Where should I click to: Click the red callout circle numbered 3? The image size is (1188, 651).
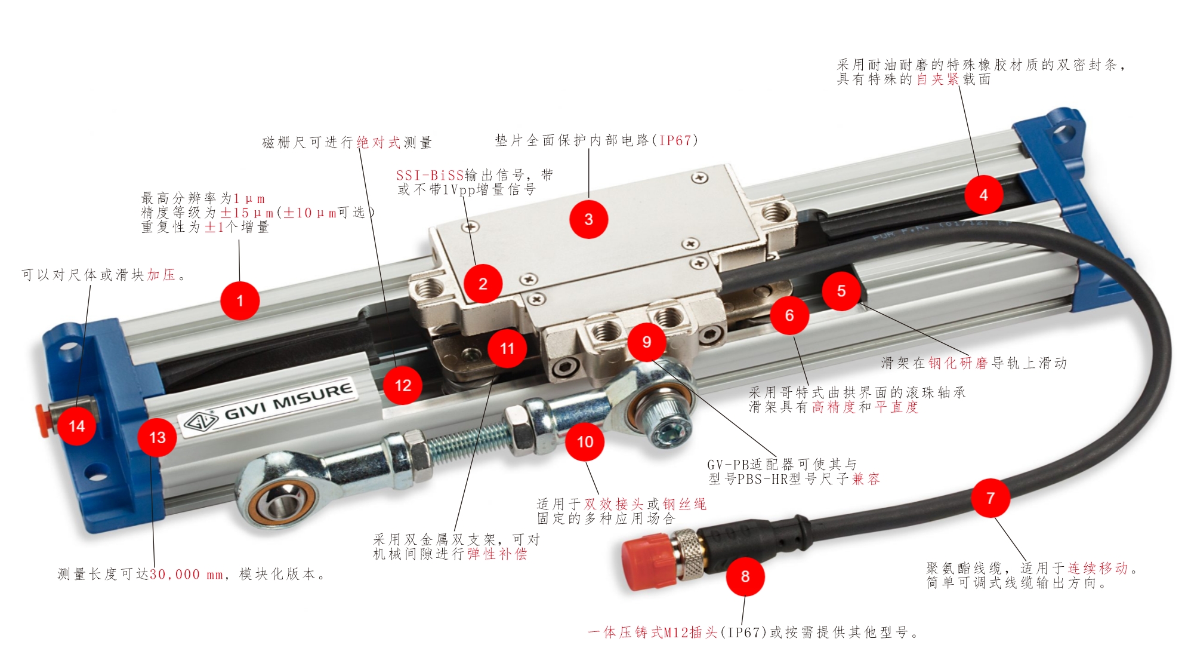(588, 219)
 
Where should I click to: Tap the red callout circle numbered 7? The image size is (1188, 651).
(990, 498)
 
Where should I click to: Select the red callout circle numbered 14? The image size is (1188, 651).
(76, 426)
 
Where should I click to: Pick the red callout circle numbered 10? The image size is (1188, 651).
(585, 441)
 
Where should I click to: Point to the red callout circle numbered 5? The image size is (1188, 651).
(841, 291)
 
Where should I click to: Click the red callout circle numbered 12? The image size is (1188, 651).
(403, 385)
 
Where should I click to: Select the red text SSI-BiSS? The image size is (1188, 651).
(430, 176)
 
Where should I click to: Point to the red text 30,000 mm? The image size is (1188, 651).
(186, 575)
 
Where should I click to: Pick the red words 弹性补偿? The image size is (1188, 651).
(498, 554)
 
